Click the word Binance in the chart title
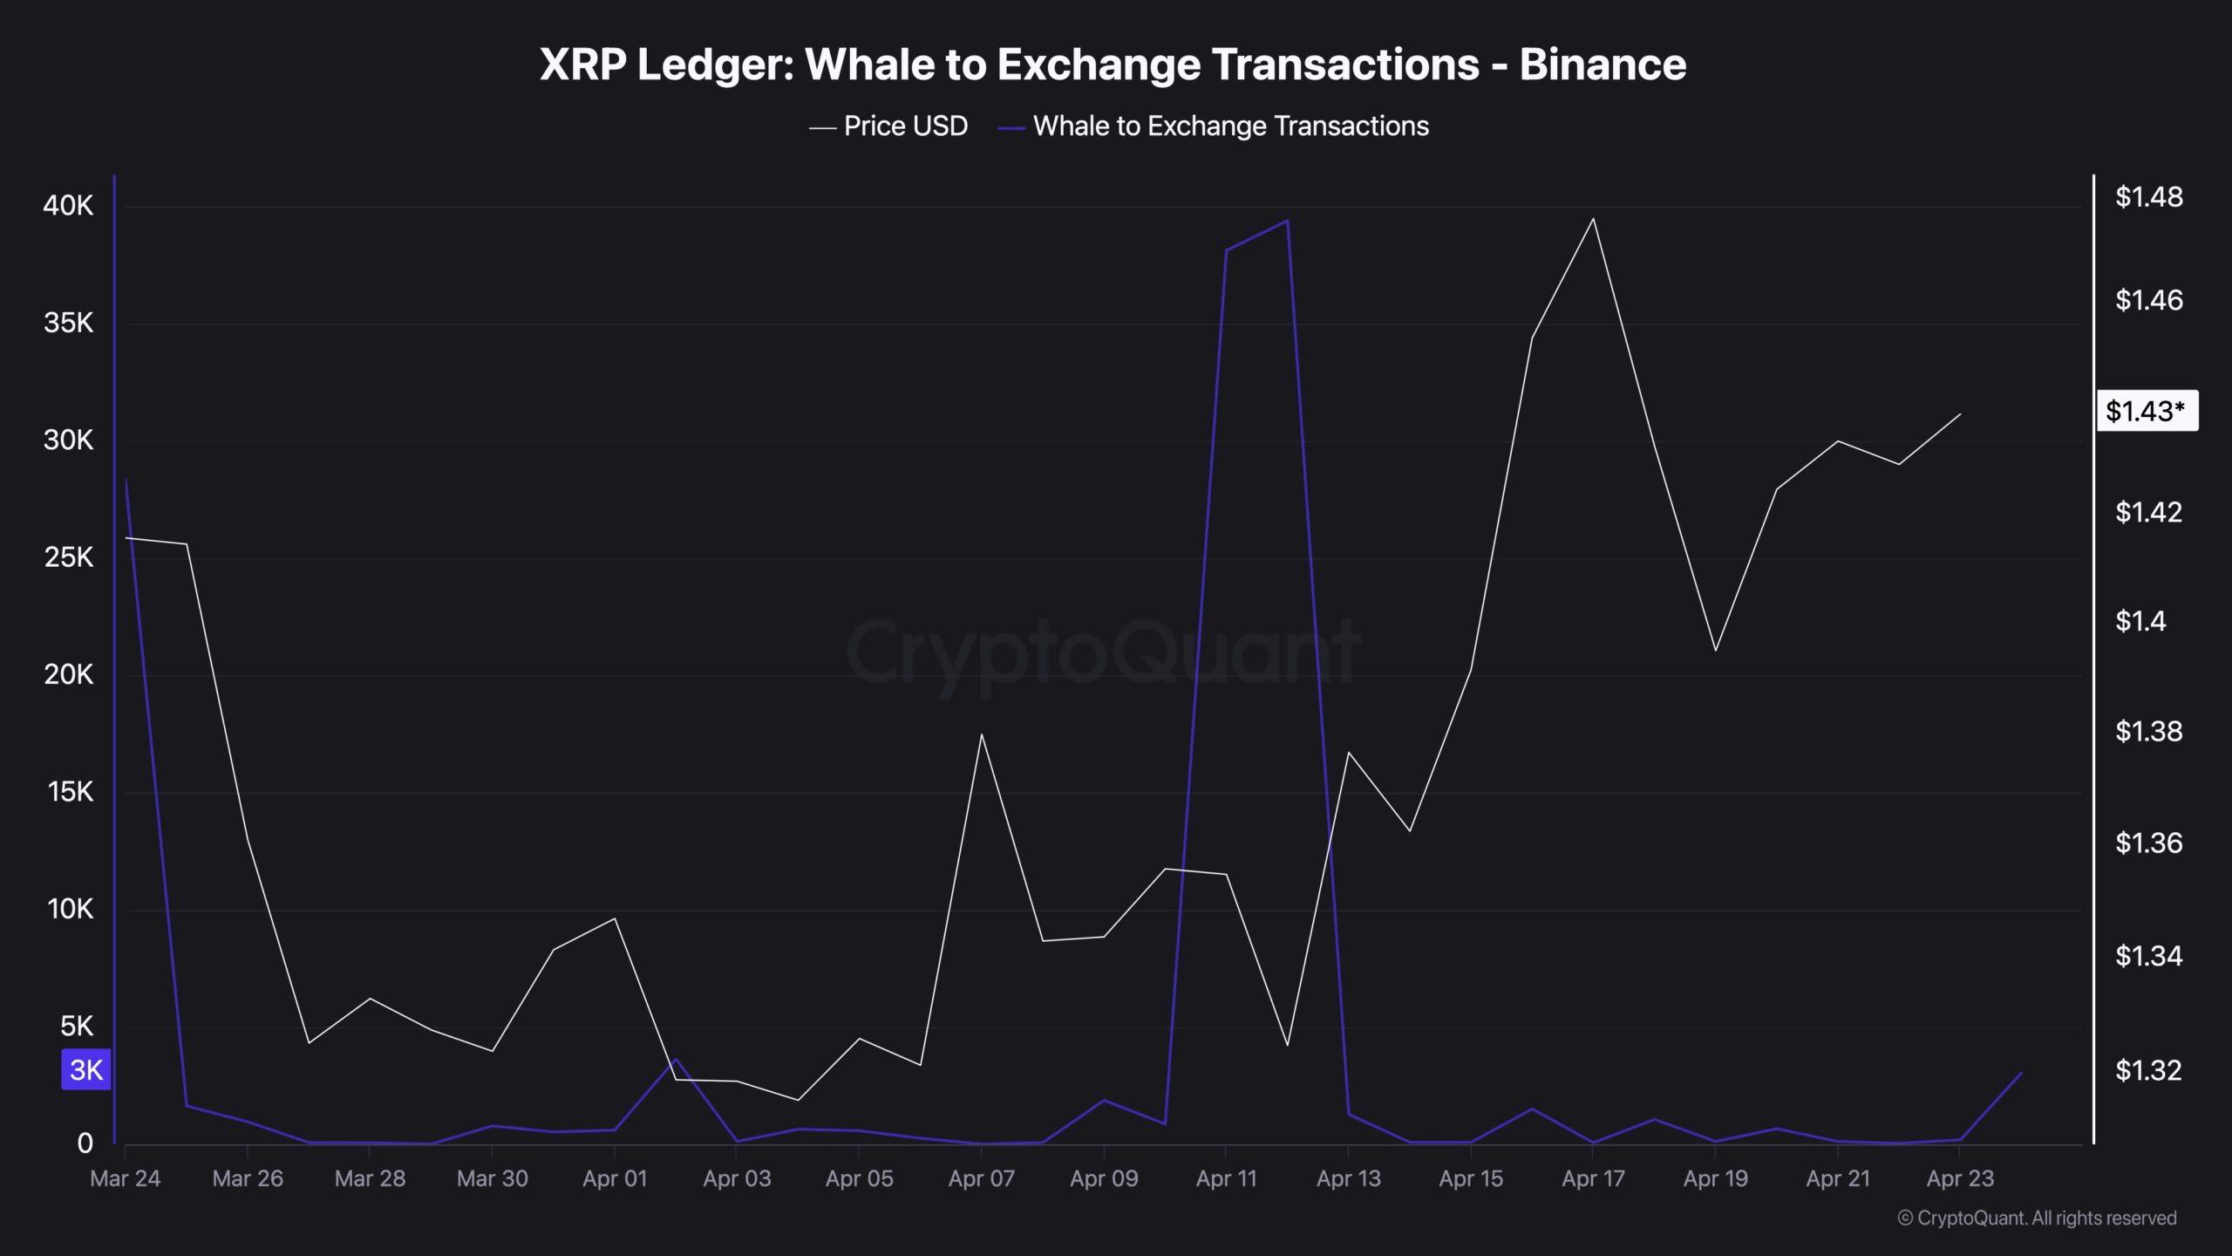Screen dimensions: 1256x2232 pyautogui.click(x=1603, y=65)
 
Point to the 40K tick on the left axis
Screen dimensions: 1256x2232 pyautogui.click(x=68, y=206)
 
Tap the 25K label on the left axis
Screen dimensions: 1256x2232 pyautogui.click(x=68, y=557)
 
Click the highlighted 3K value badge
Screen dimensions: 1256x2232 pyautogui.click(x=86, y=1069)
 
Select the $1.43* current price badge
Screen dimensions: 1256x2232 pyautogui.click(x=2146, y=411)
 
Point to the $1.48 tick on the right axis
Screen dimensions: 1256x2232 pyautogui.click(x=2148, y=197)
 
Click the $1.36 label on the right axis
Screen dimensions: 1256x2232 pyautogui.click(x=2148, y=843)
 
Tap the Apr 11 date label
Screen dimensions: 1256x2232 pyautogui.click(x=1226, y=1178)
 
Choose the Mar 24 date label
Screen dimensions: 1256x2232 pyautogui.click(x=126, y=1178)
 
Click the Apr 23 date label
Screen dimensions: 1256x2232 pyautogui.click(x=1960, y=1178)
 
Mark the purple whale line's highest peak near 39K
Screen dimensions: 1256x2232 pyautogui.click(x=1288, y=222)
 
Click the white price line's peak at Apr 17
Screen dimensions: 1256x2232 pyautogui.click(x=1594, y=219)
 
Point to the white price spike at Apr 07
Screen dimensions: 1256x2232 pyautogui.click(x=982, y=734)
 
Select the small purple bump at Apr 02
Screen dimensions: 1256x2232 pyautogui.click(x=676, y=1059)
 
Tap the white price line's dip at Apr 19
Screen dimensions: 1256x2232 pyautogui.click(x=1716, y=650)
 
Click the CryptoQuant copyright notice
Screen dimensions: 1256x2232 pyautogui.click(x=2037, y=1218)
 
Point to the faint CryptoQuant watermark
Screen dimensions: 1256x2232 pyautogui.click(x=1103, y=652)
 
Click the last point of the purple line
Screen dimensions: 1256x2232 pyautogui.click(x=2021, y=1073)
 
